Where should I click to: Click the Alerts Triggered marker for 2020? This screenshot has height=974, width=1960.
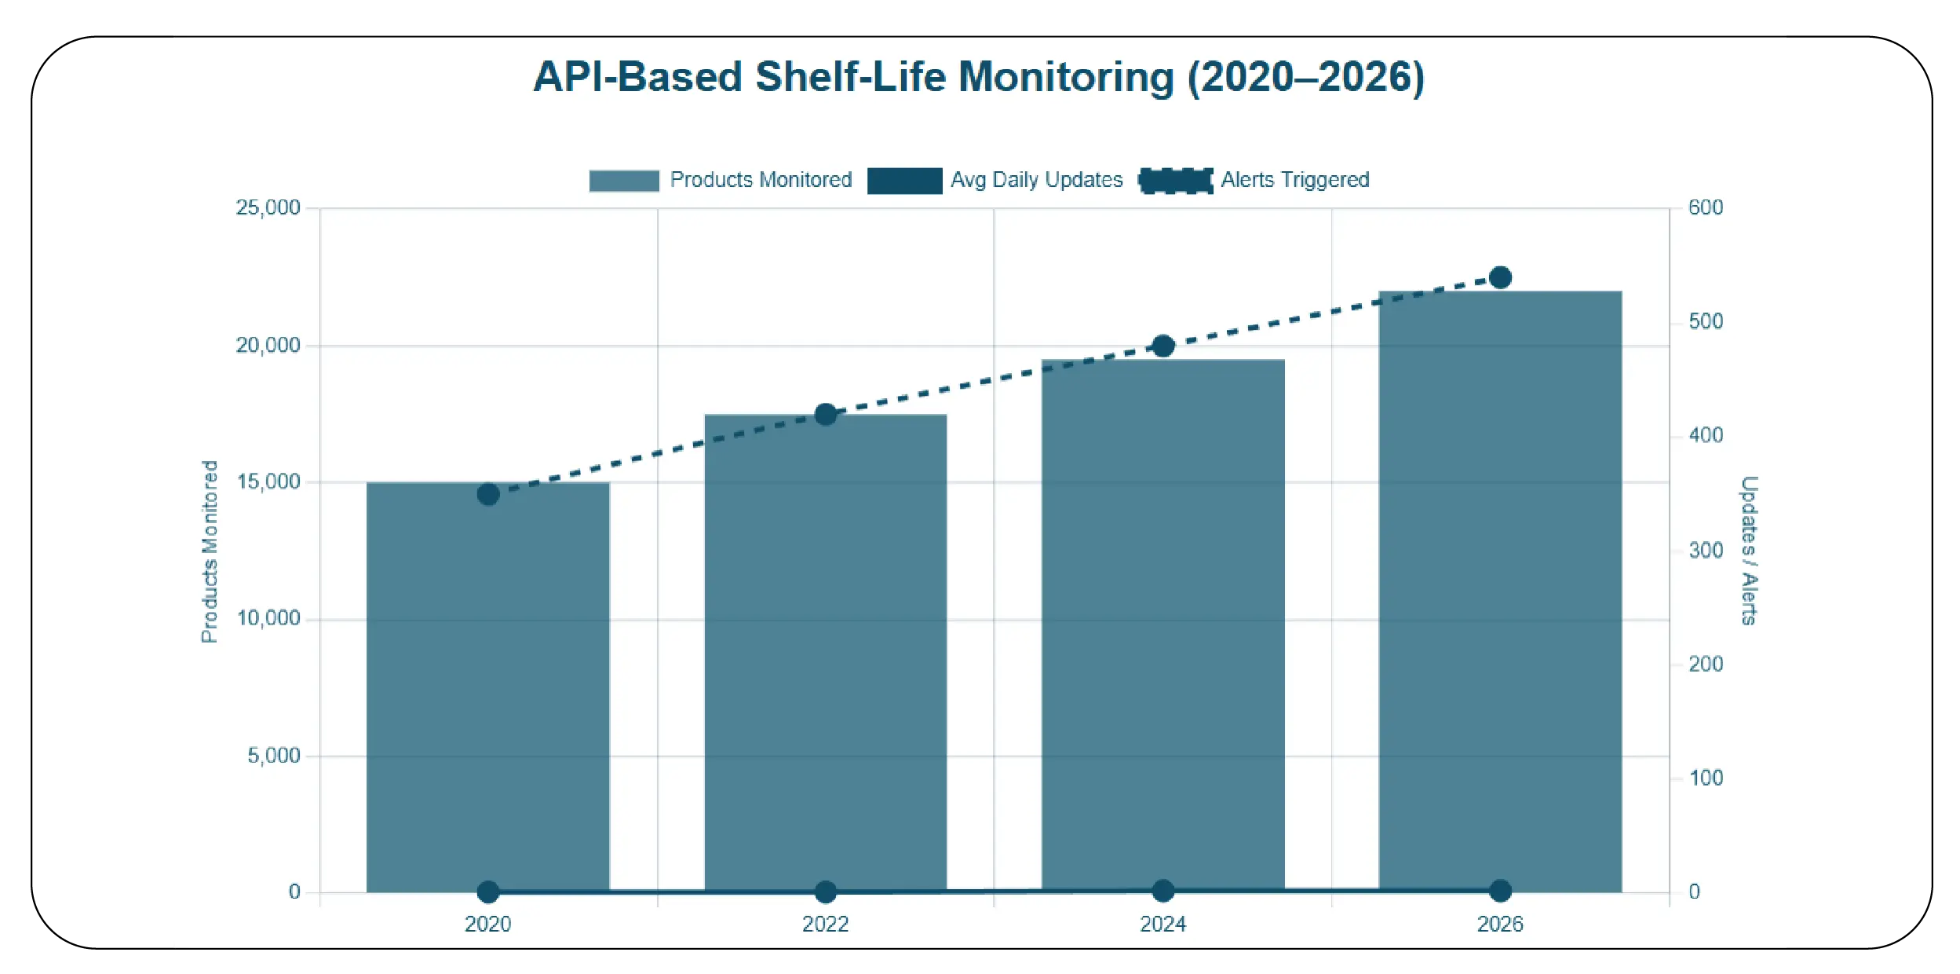pos(488,494)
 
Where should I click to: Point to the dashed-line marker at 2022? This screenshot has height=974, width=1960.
pos(825,415)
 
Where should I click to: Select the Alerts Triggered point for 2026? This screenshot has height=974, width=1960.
pos(1500,277)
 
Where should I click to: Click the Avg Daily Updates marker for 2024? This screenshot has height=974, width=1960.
pos(1162,891)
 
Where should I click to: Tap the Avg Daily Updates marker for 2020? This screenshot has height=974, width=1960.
pos(488,892)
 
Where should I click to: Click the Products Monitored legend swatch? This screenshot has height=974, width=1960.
pos(624,181)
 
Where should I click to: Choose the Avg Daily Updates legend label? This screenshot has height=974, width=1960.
pos(1036,180)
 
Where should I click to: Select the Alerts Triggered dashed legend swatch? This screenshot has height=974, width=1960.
pos(1175,181)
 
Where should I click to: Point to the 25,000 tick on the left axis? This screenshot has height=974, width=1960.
pos(268,207)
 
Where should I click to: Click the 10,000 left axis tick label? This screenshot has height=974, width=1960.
pos(268,618)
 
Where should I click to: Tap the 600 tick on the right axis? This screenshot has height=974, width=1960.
pos(1706,207)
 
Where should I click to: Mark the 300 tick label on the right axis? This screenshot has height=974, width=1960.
pos(1706,550)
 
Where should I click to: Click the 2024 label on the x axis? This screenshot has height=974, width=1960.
pos(1162,924)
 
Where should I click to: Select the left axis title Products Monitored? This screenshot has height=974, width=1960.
pos(209,551)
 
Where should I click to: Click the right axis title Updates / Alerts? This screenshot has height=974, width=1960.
pos(1749,550)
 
